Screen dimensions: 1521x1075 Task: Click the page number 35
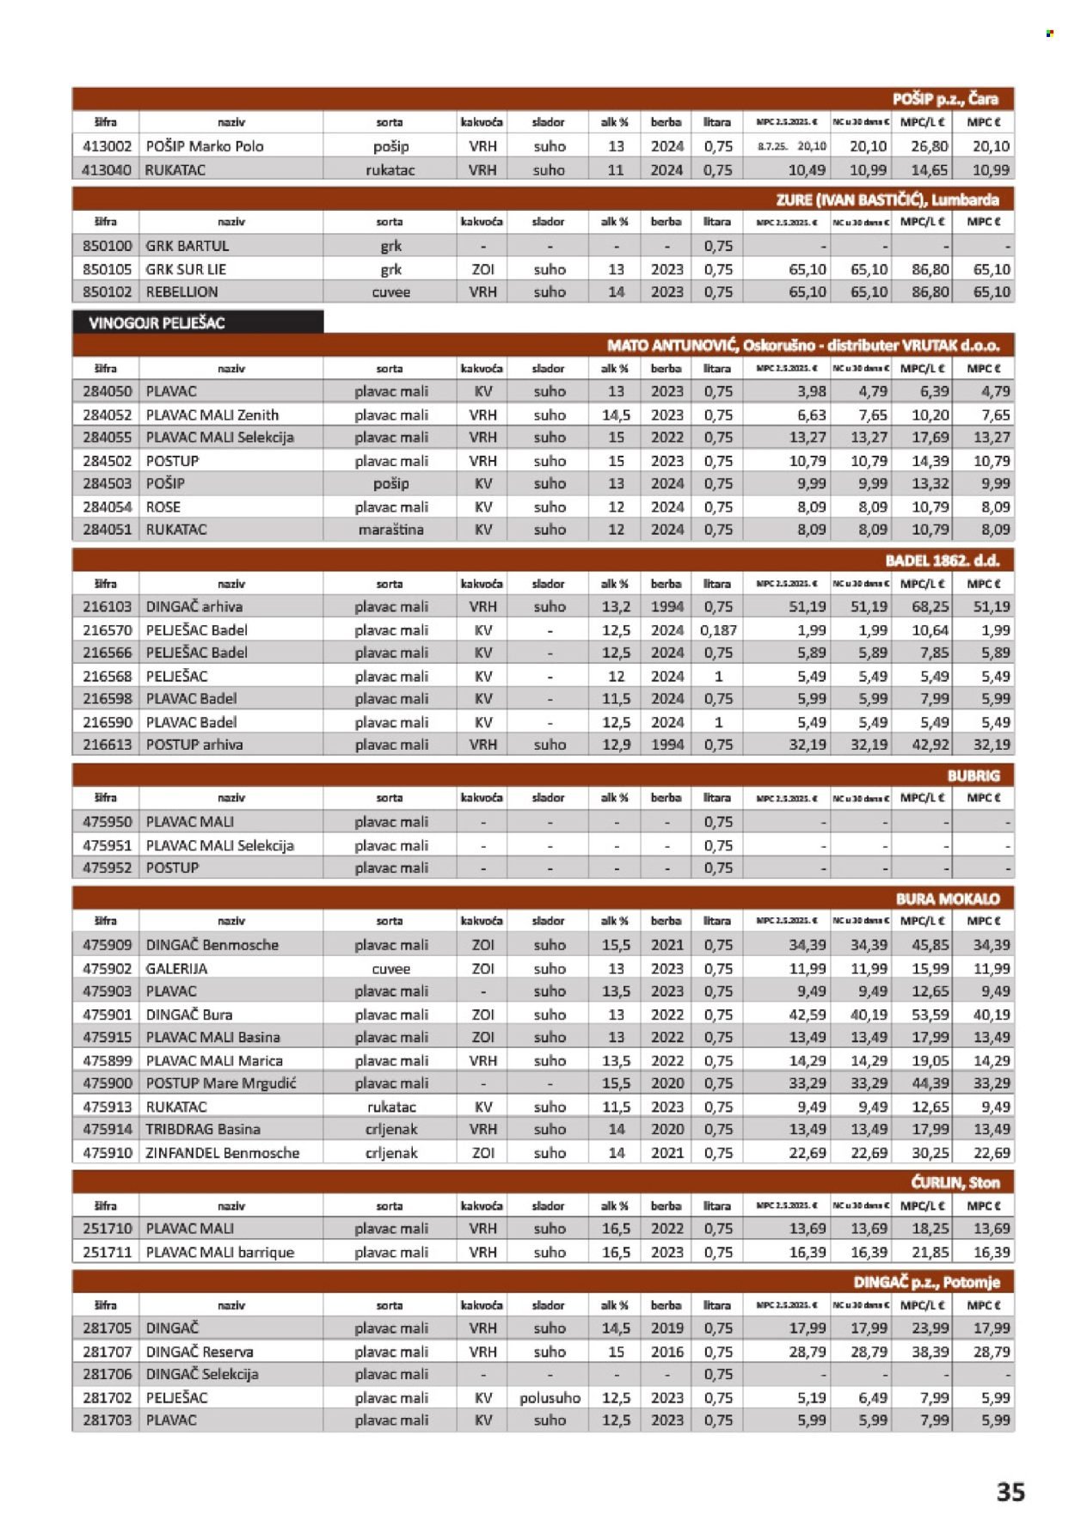(x=1010, y=1491)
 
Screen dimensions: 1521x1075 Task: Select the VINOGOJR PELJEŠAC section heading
(x=157, y=323)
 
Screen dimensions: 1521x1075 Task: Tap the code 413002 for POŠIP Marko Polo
(x=107, y=146)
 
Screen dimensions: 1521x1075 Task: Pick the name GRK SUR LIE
(x=186, y=269)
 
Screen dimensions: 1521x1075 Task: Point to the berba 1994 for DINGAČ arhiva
(x=666, y=607)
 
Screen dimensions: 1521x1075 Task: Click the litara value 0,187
(x=717, y=630)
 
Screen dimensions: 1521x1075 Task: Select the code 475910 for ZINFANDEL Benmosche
(x=107, y=1153)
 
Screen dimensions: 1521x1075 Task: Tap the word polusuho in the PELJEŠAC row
(x=550, y=1398)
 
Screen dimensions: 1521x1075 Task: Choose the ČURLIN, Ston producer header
(x=955, y=1182)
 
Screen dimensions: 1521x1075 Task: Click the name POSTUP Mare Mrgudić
(x=221, y=1083)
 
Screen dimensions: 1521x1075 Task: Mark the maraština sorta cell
(x=390, y=530)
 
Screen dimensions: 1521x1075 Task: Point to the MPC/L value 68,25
(x=930, y=607)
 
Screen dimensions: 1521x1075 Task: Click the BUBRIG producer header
(x=974, y=776)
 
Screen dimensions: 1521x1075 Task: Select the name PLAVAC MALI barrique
(x=219, y=1253)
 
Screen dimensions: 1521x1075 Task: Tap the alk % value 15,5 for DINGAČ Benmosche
(x=616, y=945)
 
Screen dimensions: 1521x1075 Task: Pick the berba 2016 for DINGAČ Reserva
(x=666, y=1352)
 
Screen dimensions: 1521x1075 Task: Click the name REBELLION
(x=181, y=292)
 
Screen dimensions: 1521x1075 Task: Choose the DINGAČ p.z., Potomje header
(x=925, y=1282)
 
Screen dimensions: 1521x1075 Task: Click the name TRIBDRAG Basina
(x=203, y=1130)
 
